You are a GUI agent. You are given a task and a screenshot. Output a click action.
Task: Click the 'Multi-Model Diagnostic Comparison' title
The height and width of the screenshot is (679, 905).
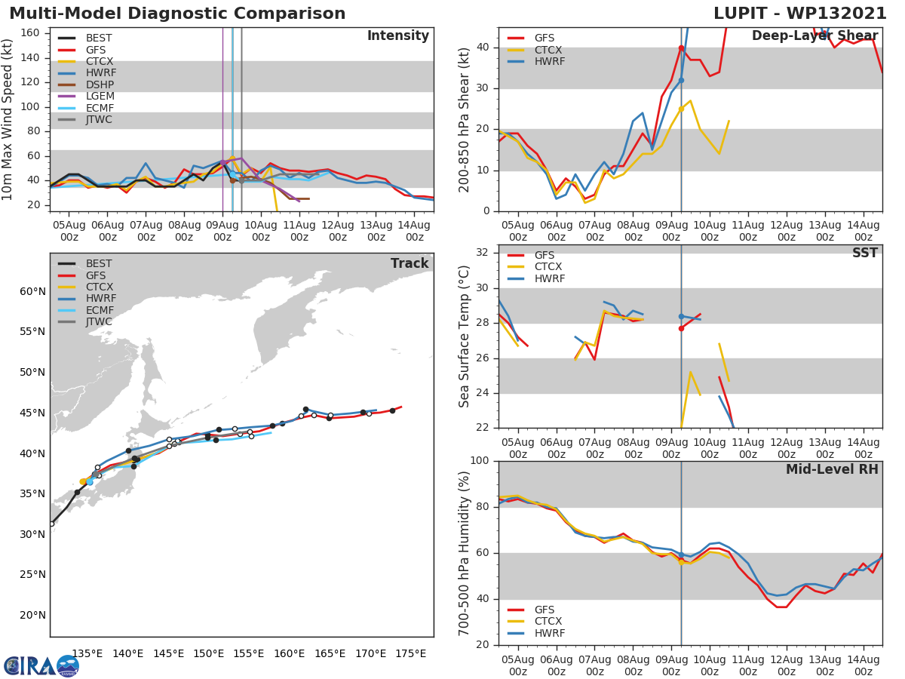pos(177,14)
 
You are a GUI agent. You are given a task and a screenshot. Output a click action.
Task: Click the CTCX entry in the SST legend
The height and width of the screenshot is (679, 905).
pos(548,267)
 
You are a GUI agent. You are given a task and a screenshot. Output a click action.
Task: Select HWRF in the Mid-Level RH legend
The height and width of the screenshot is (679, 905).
pos(549,633)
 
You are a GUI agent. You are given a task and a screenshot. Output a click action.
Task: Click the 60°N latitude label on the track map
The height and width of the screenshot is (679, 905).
pos(33,291)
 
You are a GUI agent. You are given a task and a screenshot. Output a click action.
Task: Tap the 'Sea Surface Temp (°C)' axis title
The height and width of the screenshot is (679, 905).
pos(465,336)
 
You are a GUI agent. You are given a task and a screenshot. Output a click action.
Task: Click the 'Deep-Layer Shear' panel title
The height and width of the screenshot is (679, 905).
pos(814,36)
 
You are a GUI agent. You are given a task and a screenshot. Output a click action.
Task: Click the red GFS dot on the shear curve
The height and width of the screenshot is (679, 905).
pos(681,48)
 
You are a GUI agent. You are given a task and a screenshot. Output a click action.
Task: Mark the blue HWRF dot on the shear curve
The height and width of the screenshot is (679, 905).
pos(681,80)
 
